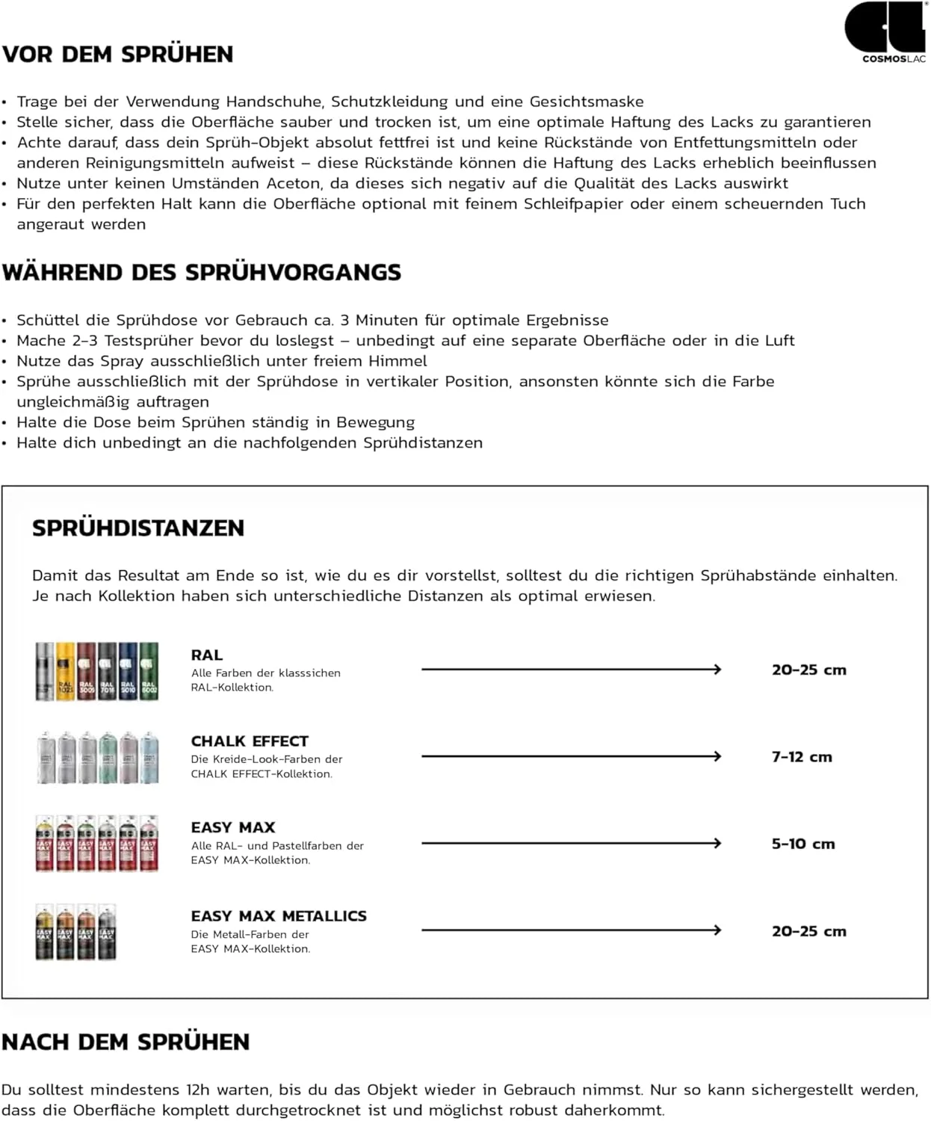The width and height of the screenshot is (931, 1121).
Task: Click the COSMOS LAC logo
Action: point(885,32)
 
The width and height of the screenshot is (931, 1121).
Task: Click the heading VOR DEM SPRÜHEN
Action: point(118,55)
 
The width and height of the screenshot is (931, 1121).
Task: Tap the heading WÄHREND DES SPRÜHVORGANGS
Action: point(202,272)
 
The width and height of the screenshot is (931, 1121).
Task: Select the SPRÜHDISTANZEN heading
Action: point(138,528)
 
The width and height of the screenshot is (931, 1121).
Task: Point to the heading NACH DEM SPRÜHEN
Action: point(126,1042)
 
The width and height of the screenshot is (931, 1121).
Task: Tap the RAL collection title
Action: point(207,655)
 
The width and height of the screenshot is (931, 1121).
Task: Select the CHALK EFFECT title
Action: point(250,741)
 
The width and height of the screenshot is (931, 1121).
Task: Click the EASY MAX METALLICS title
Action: point(279,915)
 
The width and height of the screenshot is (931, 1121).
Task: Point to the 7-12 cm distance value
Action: point(802,757)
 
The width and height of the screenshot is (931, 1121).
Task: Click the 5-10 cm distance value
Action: point(803,844)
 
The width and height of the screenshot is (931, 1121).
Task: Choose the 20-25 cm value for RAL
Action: point(809,670)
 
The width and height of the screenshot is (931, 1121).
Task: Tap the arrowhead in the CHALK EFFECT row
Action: point(717,756)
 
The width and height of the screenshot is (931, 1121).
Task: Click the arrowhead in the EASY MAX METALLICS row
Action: point(717,930)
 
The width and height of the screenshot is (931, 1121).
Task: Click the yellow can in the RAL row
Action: point(66,671)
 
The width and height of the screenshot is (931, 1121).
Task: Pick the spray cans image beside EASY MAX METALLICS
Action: point(76,931)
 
